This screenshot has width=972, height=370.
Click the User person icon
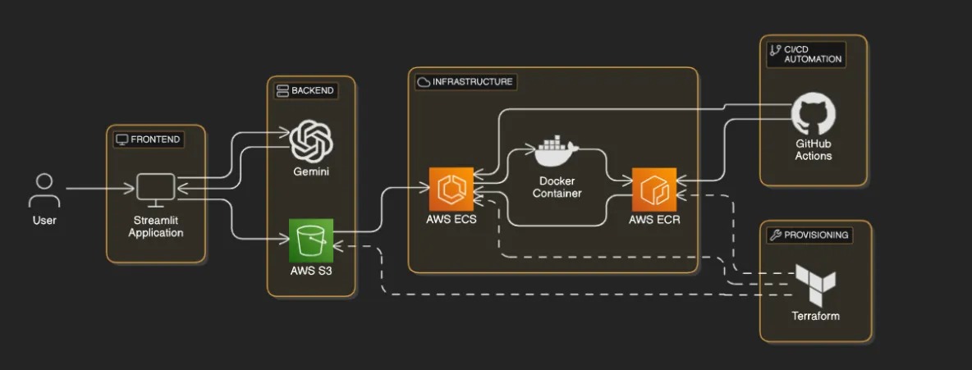coord(44,190)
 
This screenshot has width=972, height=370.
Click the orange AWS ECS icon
coord(451,190)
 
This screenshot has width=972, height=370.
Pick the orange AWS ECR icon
coord(653,190)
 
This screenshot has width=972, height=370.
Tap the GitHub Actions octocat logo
coord(813,115)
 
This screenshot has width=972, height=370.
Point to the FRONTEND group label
coord(149,140)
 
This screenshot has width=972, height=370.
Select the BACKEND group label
coord(305,90)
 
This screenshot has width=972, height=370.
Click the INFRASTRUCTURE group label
coord(465,82)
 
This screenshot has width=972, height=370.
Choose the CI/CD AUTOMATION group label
coord(805,55)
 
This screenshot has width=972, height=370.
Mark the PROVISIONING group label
coord(809,235)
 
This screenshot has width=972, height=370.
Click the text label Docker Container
coord(557,186)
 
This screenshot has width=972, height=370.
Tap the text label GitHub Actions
coord(814,149)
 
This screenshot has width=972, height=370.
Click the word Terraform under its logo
coord(815,316)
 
